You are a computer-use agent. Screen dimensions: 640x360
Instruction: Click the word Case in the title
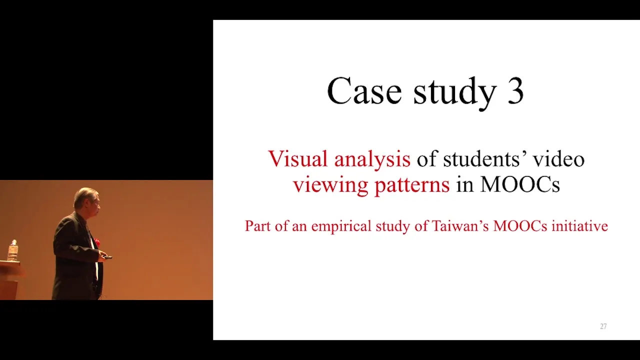[x=364, y=91]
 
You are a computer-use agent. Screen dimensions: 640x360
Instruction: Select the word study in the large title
[x=454, y=93]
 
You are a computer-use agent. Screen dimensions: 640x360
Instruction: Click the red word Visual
[x=297, y=158]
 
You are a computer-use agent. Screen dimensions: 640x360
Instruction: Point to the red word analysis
[x=372, y=160]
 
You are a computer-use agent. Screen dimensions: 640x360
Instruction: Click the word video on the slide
[x=559, y=158]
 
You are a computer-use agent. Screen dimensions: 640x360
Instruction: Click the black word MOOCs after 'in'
[x=520, y=184]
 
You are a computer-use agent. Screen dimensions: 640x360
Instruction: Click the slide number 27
[x=603, y=326]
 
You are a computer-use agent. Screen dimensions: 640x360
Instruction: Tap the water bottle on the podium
[x=12, y=250]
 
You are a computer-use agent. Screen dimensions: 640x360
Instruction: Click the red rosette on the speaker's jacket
[x=97, y=242]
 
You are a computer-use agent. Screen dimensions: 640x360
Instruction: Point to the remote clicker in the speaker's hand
[x=107, y=257]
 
